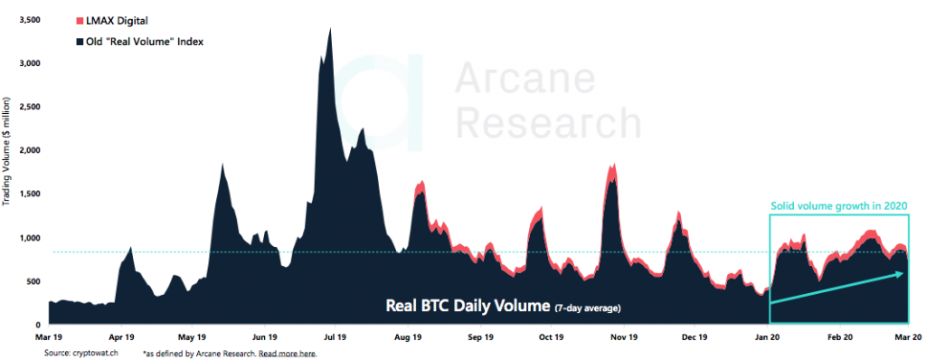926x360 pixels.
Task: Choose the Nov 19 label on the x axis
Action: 619,336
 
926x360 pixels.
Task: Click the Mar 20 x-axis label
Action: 909,336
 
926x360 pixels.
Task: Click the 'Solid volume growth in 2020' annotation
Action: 838,205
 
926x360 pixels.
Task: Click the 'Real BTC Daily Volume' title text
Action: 466,306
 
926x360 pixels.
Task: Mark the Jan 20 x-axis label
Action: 767,336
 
